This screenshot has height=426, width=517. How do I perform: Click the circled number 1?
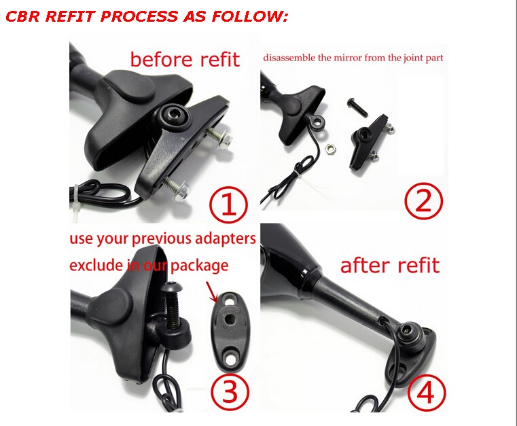[x=228, y=204]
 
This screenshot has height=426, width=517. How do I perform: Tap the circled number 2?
[x=424, y=201]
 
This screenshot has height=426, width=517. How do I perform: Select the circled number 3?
[x=230, y=391]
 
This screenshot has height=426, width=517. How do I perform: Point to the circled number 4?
[x=427, y=393]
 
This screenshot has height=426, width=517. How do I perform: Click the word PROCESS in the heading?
[x=139, y=16]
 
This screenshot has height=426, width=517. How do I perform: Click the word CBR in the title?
[x=22, y=16]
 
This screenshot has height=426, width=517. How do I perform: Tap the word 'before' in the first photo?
[x=161, y=59]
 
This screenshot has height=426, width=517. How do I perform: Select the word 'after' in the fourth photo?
[x=365, y=265]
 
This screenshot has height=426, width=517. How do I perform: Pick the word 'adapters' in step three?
[x=225, y=238]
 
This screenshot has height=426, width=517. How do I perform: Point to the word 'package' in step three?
[x=199, y=266]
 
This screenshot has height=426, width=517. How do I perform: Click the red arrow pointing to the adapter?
[x=212, y=291]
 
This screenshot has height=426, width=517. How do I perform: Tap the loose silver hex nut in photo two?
[x=330, y=149]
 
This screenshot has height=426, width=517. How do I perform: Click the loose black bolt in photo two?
[x=358, y=108]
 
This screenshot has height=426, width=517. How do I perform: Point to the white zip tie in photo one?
[x=77, y=200]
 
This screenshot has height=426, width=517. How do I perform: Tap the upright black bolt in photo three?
[x=172, y=306]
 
